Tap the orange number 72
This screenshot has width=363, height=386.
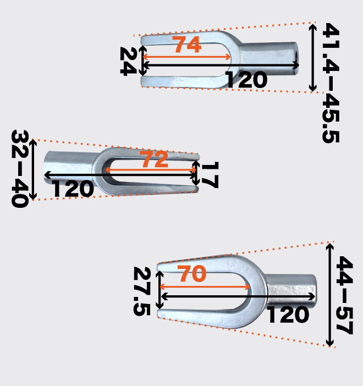coord(154,159)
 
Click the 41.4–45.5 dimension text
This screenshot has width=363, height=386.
coord(331,83)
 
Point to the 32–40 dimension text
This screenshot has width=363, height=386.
coord(20,169)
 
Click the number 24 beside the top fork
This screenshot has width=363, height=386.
coord(128,61)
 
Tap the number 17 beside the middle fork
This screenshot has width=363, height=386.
coord(210,175)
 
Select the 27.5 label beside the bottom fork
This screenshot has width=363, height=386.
coord(142,291)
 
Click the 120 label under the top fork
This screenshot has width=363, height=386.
coord(246,80)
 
